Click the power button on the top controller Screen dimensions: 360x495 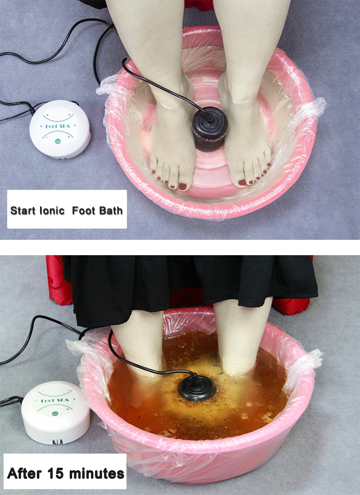(58, 141)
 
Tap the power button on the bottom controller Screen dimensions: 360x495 (55, 413)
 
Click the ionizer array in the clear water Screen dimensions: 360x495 (210, 129)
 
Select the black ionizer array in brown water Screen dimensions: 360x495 (196, 388)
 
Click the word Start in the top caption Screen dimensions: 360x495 (23, 211)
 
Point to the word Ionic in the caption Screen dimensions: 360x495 (52, 211)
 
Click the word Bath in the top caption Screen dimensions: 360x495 (110, 211)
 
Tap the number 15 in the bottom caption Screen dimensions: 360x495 (55, 473)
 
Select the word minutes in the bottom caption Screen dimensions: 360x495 (96, 473)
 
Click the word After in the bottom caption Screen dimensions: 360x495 (24, 473)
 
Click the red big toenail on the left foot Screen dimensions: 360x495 (182, 186)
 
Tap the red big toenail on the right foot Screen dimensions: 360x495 (242, 182)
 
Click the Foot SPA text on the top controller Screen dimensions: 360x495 (58, 126)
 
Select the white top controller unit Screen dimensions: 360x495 (60, 129)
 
